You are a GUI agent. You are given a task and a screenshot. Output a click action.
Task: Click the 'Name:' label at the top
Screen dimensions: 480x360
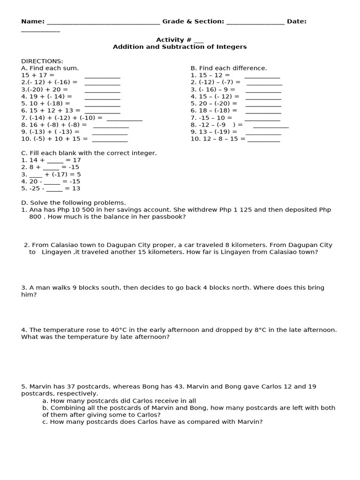click(x=33, y=22)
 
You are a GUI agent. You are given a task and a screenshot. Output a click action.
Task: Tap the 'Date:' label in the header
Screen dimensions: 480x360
click(x=297, y=22)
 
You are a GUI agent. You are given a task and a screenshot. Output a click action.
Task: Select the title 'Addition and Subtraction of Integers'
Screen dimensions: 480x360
click(x=180, y=47)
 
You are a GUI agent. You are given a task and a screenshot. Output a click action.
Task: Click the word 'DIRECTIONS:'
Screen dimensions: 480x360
click(x=42, y=61)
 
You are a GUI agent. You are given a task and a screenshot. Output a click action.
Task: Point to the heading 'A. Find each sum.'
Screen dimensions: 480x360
click(x=50, y=68)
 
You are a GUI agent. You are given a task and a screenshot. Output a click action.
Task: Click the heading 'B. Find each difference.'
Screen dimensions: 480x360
click(x=228, y=68)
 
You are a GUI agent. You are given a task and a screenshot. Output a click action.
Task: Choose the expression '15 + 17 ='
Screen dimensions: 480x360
click(x=38, y=75)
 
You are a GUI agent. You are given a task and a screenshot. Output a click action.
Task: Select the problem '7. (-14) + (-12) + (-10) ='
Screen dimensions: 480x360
click(x=62, y=118)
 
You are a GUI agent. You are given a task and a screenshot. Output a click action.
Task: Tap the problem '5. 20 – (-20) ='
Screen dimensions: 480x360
click(x=214, y=104)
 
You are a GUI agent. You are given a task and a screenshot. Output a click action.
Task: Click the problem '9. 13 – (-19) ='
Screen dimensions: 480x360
click(x=214, y=132)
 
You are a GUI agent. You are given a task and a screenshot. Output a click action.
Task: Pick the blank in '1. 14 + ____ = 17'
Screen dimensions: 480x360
click(x=55, y=161)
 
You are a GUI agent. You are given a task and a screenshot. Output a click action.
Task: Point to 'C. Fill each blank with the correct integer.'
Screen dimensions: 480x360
click(x=89, y=153)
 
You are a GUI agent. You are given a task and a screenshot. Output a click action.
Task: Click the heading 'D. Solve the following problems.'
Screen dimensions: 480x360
click(x=74, y=202)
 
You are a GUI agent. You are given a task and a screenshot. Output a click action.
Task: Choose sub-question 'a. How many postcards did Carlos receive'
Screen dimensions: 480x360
click(x=119, y=401)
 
